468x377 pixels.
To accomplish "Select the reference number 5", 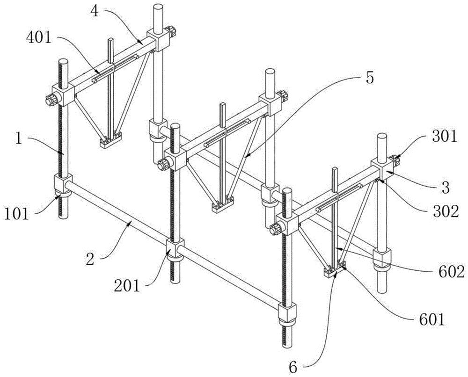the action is click(369, 78).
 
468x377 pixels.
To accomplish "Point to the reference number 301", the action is click(444, 137).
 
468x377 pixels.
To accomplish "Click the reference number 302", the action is click(446, 211).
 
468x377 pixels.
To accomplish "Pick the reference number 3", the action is click(445, 188).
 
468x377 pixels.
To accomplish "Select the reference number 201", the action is click(127, 286).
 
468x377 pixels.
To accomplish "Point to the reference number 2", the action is click(90, 259).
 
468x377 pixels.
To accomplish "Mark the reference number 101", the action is click(17, 214).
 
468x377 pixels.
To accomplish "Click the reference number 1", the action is click(19, 139).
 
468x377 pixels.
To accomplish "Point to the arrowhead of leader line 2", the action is click(130, 223).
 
